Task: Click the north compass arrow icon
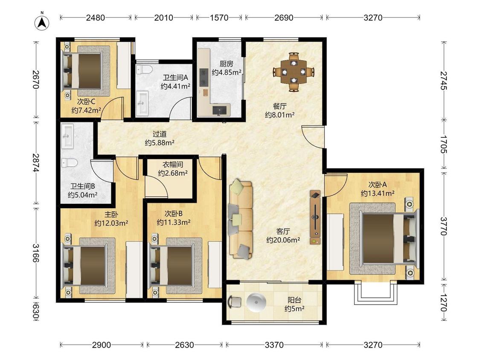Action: click(x=42, y=22)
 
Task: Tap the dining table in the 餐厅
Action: click(x=294, y=72)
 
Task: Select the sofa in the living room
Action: click(x=241, y=219)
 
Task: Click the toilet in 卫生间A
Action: click(x=144, y=70)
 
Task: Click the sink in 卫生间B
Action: click(x=67, y=136)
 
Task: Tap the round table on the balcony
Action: click(x=256, y=302)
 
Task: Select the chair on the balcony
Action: click(x=235, y=302)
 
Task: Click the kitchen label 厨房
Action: click(x=226, y=64)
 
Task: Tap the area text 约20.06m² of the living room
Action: click(x=283, y=240)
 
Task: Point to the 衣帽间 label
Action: click(x=173, y=164)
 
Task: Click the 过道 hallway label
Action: click(x=160, y=134)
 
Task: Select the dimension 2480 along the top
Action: click(x=96, y=18)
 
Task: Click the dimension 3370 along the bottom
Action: click(x=274, y=345)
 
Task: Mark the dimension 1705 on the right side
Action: click(x=443, y=144)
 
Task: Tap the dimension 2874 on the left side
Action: click(x=36, y=163)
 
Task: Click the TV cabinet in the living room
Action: click(x=315, y=218)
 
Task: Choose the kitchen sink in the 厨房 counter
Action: click(x=221, y=110)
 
